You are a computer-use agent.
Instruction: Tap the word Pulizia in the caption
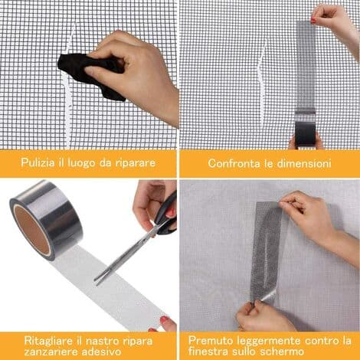[38, 162]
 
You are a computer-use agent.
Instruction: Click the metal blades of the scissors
[125, 255]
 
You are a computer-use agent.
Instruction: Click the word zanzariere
[51, 352]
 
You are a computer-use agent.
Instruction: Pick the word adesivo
[101, 352]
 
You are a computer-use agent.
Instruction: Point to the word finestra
[208, 352]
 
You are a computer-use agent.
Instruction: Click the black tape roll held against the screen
[306, 134]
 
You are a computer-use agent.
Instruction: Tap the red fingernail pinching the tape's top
[313, 21]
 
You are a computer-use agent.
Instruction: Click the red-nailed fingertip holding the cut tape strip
[164, 319]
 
